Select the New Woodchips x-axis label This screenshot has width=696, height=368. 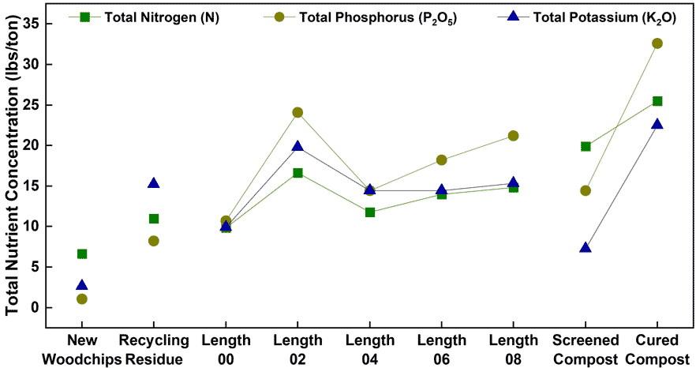(82, 349)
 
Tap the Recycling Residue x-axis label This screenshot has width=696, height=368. (154, 349)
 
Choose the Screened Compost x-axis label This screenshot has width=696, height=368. (586, 349)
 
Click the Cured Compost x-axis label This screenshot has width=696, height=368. (657, 349)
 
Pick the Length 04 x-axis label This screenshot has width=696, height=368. (369, 349)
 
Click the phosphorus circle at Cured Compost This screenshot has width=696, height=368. (657, 43)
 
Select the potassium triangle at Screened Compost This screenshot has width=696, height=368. (586, 247)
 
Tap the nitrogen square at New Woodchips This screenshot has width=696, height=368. (82, 254)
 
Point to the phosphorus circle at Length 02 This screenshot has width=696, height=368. (297, 112)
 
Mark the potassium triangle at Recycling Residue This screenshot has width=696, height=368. (154, 183)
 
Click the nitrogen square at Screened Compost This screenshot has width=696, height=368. (586, 146)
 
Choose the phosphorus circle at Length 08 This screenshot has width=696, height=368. (514, 136)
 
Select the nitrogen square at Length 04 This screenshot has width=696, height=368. (369, 212)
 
